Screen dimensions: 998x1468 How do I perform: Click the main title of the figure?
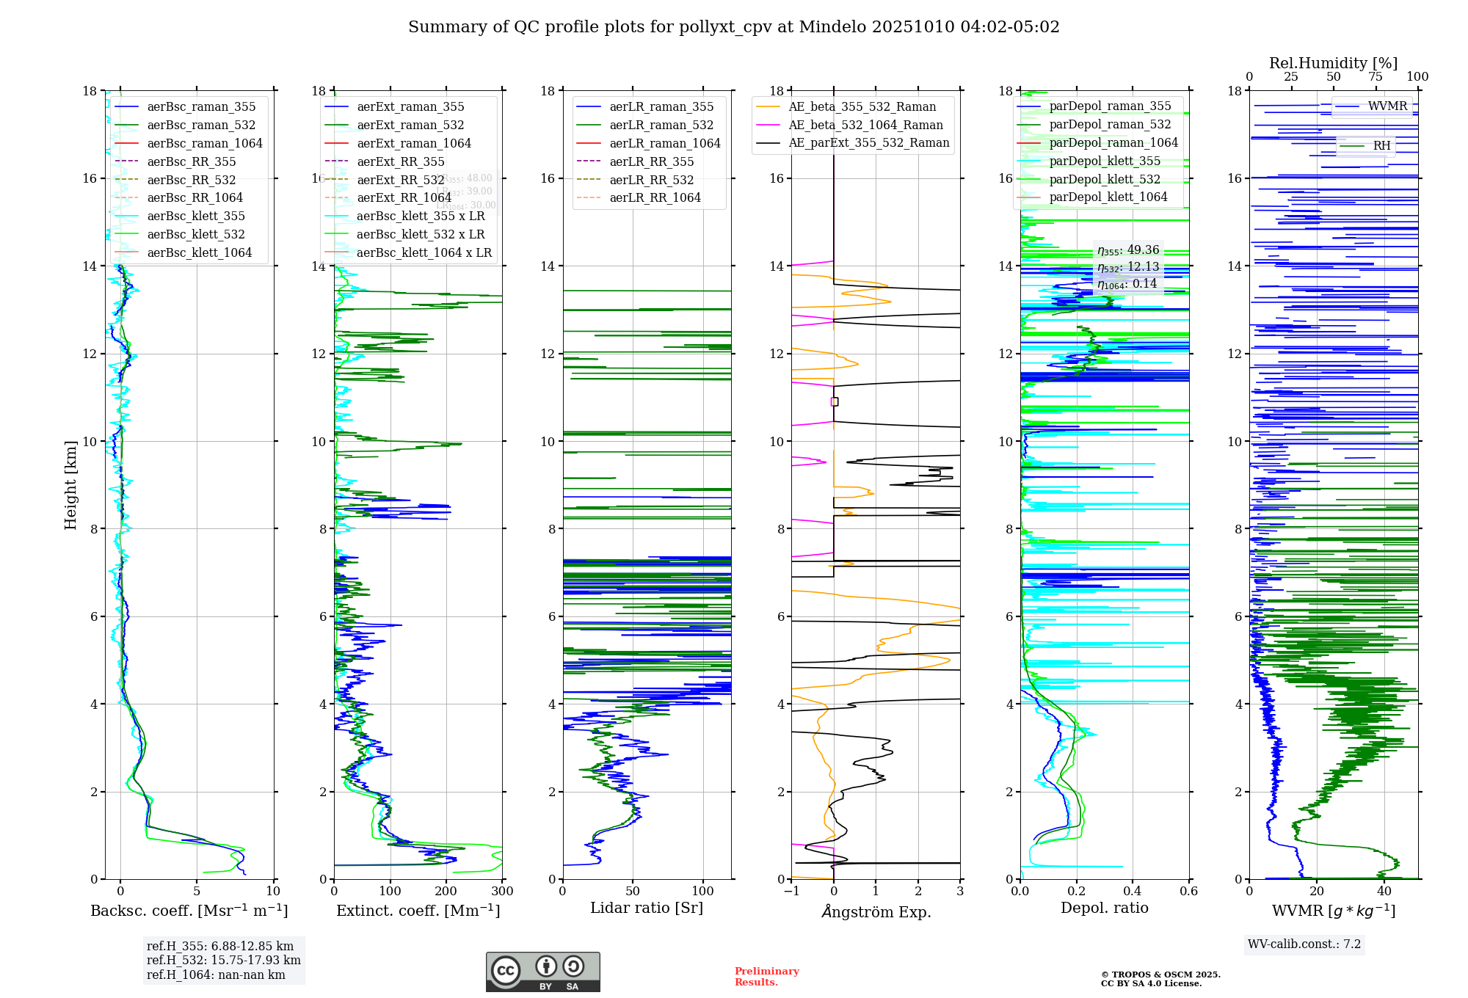click(734, 27)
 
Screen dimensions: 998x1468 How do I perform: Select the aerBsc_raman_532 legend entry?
click(201, 125)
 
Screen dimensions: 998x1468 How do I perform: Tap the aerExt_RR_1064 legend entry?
click(404, 197)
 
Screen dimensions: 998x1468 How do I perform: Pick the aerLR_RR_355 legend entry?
click(651, 161)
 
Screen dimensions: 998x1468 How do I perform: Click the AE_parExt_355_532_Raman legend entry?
click(868, 143)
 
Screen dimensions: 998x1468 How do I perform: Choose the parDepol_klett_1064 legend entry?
click(1108, 197)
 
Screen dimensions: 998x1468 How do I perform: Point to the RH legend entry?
click(1381, 146)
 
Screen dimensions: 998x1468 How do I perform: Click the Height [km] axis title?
click(70, 485)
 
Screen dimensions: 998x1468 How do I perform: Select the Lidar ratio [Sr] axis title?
click(646, 908)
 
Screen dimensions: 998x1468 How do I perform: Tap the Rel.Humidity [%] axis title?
click(1333, 63)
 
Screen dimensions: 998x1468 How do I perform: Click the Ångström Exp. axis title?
click(876, 912)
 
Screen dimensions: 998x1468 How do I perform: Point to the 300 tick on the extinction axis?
click(502, 892)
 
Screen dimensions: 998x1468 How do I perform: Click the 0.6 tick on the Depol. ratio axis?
click(1188, 892)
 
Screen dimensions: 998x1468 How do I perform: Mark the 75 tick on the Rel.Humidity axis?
click(1376, 77)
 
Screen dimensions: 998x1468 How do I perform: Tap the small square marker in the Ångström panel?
click(835, 401)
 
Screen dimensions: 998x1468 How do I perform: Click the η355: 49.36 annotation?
click(1128, 250)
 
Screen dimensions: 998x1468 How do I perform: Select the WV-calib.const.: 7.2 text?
click(1304, 944)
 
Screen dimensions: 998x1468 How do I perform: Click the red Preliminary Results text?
click(766, 977)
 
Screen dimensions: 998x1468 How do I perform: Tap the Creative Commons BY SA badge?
click(542, 972)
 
